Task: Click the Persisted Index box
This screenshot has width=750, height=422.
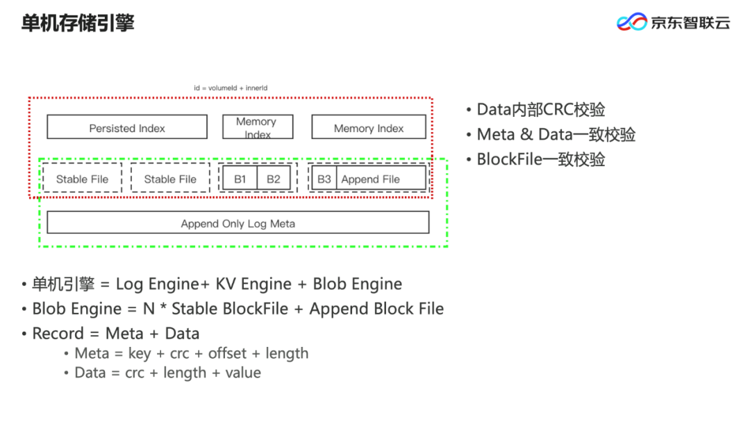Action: tap(127, 127)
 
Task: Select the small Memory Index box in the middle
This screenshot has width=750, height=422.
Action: tap(258, 127)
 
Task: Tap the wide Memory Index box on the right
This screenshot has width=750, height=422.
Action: tap(369, 127)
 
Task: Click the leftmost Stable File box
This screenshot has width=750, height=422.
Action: tap(82, 178)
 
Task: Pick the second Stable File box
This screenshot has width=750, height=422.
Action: tap(170, 178)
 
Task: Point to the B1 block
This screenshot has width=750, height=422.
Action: tap(240, 179)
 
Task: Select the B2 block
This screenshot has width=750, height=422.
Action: tap(274, 179)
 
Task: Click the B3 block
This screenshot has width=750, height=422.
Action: tap(324, 179)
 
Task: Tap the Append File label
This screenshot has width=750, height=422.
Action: tap(371, 179)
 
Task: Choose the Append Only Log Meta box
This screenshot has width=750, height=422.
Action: tap(238, 222)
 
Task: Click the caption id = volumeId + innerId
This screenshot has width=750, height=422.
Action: tap(231, 88)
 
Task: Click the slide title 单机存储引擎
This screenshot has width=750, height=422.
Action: tap(78, 23)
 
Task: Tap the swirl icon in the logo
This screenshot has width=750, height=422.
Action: tap(632, 22)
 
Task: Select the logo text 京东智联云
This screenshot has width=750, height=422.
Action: tap(690, 22)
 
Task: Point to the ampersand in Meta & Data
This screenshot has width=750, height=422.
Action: tap(526, 135)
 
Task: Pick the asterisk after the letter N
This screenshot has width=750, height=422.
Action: tap(163, 307)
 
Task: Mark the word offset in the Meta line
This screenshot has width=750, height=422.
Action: tap(227, 353)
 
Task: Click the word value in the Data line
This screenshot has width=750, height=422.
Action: tap(243, 373)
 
